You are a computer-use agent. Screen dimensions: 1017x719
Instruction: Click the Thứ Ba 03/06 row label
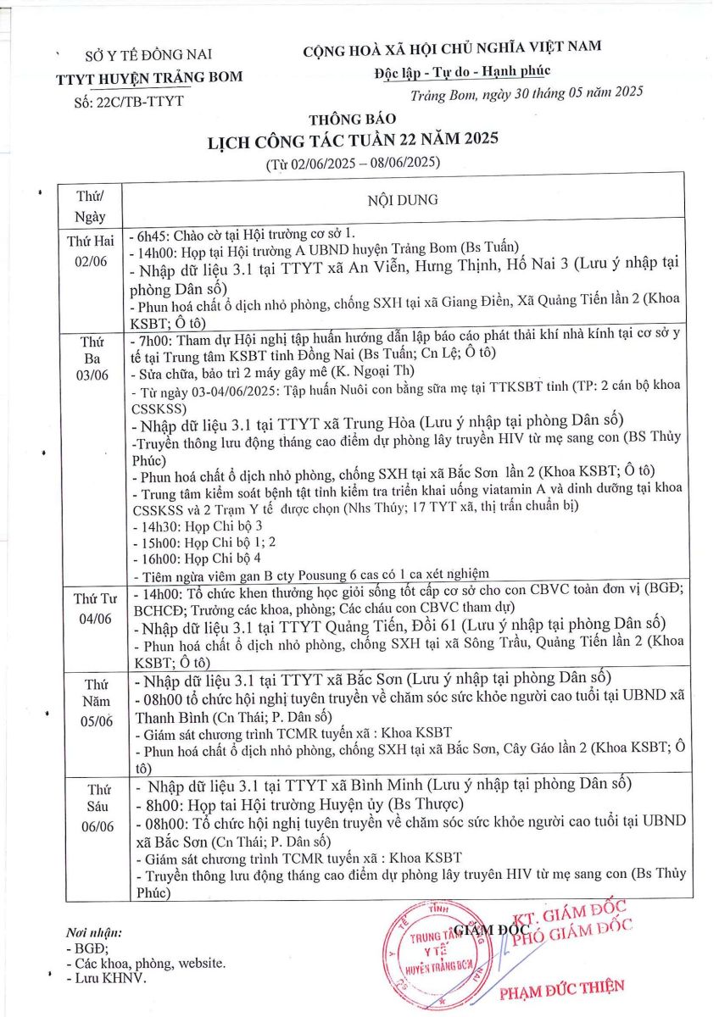pos(92,362)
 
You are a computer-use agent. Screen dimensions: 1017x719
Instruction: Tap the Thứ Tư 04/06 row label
pos(92,609)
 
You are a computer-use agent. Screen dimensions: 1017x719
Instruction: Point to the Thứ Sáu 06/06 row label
pos(92,805)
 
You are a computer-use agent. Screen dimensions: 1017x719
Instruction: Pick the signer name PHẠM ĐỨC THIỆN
pos(562,986)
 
